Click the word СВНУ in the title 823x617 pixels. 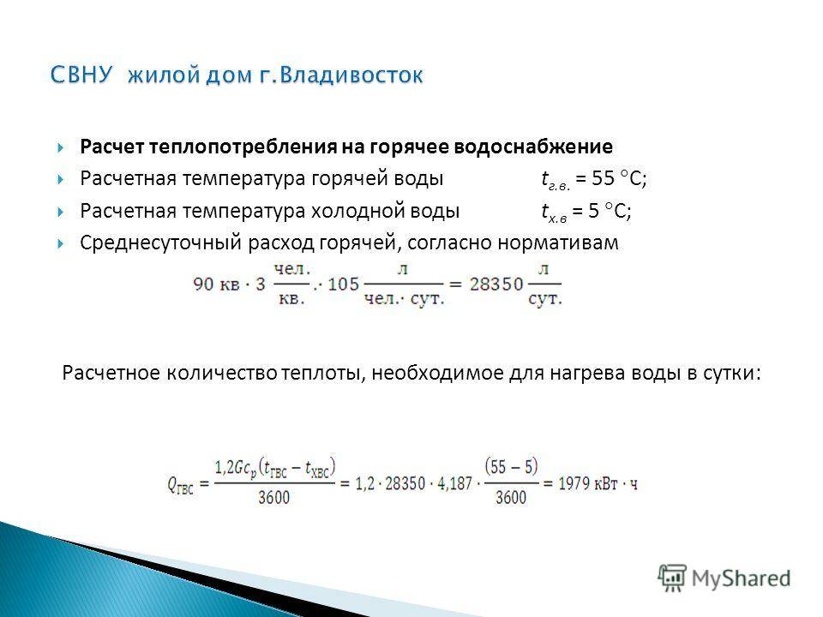click(81, 75)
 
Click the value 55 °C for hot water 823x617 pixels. click(619, 179)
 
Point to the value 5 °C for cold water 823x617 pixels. click(610, 211)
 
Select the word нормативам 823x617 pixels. click(558, 243)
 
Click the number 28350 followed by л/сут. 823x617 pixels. click(496, 285)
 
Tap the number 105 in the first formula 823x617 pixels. click(343, 285)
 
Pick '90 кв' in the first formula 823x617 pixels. click(216, 285)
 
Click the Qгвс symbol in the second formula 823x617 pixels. click(181, 484)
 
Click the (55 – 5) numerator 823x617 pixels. click(511, 466)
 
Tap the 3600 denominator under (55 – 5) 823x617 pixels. click(511, 497)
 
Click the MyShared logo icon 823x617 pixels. click(672, 578)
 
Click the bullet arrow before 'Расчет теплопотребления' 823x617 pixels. click(61, 147)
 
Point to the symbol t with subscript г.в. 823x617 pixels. click(556, 180)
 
